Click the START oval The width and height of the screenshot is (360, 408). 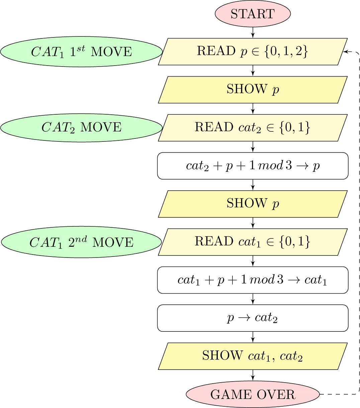click(x=253, y=14)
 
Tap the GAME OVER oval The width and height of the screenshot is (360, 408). click(x=253, y=395)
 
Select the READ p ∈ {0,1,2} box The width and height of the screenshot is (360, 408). click(x=253, y=52)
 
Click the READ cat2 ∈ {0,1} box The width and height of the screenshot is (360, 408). click(x=253, y=128)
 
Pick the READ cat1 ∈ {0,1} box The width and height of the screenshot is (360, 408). click(x=253, y=242)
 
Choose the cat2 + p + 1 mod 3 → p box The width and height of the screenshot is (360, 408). click(x=253, y=166)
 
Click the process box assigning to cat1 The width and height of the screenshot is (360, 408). click(x=253, y=280)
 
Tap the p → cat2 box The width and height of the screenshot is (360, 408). click(x=253, y=318)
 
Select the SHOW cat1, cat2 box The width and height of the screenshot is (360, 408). click(x=253, y=356)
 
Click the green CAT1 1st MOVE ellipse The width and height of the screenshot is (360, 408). click(x=81, y=52)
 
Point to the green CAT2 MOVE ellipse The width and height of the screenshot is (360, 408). click(x=81, y=128)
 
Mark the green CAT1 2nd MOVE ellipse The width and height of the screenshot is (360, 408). click(x=81, y=242)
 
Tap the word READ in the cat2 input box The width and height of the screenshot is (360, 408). click(x=214, y=127)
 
